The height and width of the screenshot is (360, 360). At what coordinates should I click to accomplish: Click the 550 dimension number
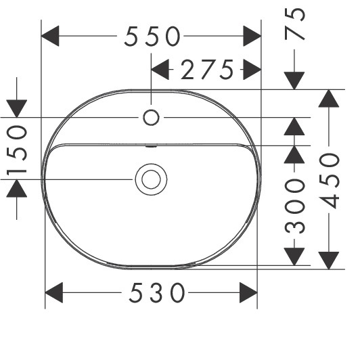click(x=152, y=37)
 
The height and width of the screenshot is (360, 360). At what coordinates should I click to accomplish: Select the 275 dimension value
click(x=207, y=70)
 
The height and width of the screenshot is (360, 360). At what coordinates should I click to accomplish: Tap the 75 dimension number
click(x=294, y=24)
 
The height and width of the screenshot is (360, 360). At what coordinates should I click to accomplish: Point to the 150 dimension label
click(x=17, y=150)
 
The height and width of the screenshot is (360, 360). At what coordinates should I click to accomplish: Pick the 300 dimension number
click(x=294, y=206)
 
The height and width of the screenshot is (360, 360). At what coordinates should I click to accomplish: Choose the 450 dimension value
click(x=329, y=181)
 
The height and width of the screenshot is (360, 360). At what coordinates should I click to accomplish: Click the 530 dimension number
click(x=156, y=293)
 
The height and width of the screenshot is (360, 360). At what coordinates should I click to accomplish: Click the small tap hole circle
click(x=151, y=118)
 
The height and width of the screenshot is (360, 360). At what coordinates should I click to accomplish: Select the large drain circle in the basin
click(x=151, y=179)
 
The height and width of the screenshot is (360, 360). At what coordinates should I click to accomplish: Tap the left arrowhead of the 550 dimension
click(x=50, y=36)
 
